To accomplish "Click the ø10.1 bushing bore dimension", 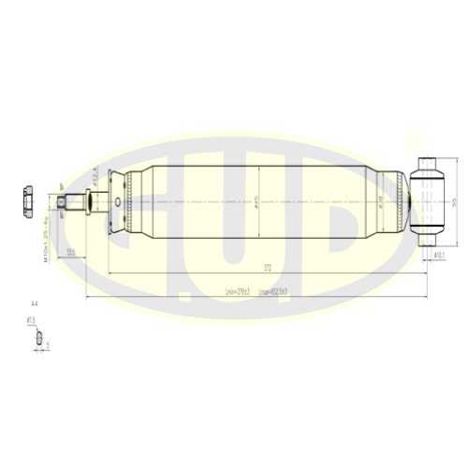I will [437, 254].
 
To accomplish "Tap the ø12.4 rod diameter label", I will [95, 175].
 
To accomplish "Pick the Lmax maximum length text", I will [272, 292].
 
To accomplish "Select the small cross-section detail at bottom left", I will [38, 344].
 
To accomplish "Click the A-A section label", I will [35, 305].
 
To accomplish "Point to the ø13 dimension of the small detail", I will [31, 321].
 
